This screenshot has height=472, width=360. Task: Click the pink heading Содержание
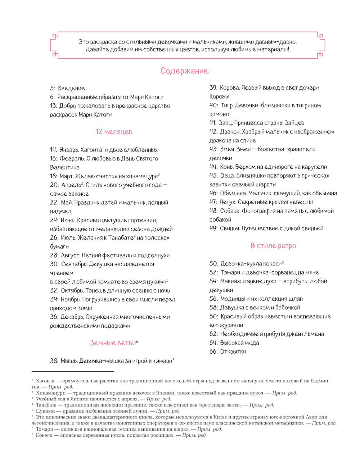[x=184, y=71]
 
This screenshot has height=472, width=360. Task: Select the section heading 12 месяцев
[x=114, y=132]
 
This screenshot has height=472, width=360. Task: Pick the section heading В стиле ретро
[x=273, y=246]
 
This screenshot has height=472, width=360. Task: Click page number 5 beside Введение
[x=52, y=88]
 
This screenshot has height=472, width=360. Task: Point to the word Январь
[x=68, y=150]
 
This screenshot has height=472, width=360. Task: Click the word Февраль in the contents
[x=71, y=159]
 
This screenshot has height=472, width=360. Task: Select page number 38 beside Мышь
[x=54, y=361]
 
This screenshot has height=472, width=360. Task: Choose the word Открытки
[x=233, y=351]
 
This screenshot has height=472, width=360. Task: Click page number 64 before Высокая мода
[x=213, y=343]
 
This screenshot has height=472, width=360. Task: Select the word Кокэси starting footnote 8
[x=45, y=435]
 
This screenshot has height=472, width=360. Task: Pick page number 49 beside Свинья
[x=213, y=228]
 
